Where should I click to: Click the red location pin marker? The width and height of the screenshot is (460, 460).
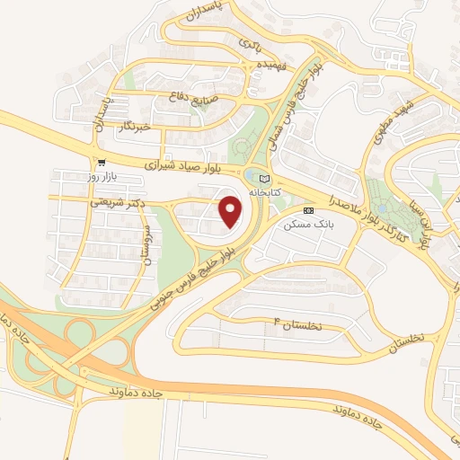[232, 211]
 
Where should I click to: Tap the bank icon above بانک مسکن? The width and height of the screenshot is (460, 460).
[309, 209]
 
